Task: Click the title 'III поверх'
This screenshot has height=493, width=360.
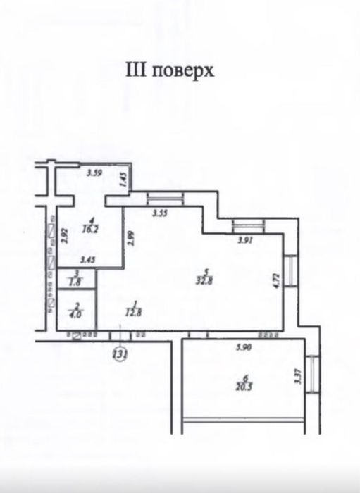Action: pyautogui.click(x=170, y=70)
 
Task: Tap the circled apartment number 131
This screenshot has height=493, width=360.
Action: pyautogui.click(x=120, y=354)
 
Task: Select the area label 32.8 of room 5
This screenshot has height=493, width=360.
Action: pyautogui.click(x=205, y=280)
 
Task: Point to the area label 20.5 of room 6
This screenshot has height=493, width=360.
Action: pyautogui.click(x=244, y=387)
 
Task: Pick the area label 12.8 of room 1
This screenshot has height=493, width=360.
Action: pyautogui.click(x=133, y=313)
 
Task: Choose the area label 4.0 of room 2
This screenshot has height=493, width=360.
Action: pyautogui.click(x=75, y=314)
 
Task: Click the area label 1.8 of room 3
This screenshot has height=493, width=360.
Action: pyautogui.click(x=75, y=282)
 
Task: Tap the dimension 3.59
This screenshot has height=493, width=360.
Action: pyautogui.click(x=94, y=173)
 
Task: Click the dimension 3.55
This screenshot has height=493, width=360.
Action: pyautogui.click(x=161, y=213)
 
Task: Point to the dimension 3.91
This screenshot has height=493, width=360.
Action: pyautogui.click(x=245, y=241)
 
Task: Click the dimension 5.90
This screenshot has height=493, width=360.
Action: pyautogui.click(x=244, y=347)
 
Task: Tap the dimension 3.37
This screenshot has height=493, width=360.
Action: pyautogui.click(x=298, y=376)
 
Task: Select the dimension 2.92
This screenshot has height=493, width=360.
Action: pyautogui.click(x=64, y=235)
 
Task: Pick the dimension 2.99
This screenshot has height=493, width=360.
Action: pyautogui.click(x=131, y=239)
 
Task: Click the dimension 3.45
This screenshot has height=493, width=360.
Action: pyautogui.click(x=88, y=260)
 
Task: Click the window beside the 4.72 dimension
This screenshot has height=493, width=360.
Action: pyautogui.click(x=290, y=270)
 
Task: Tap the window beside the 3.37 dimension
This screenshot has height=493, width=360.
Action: pyautogui.click(x=313, y=374)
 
